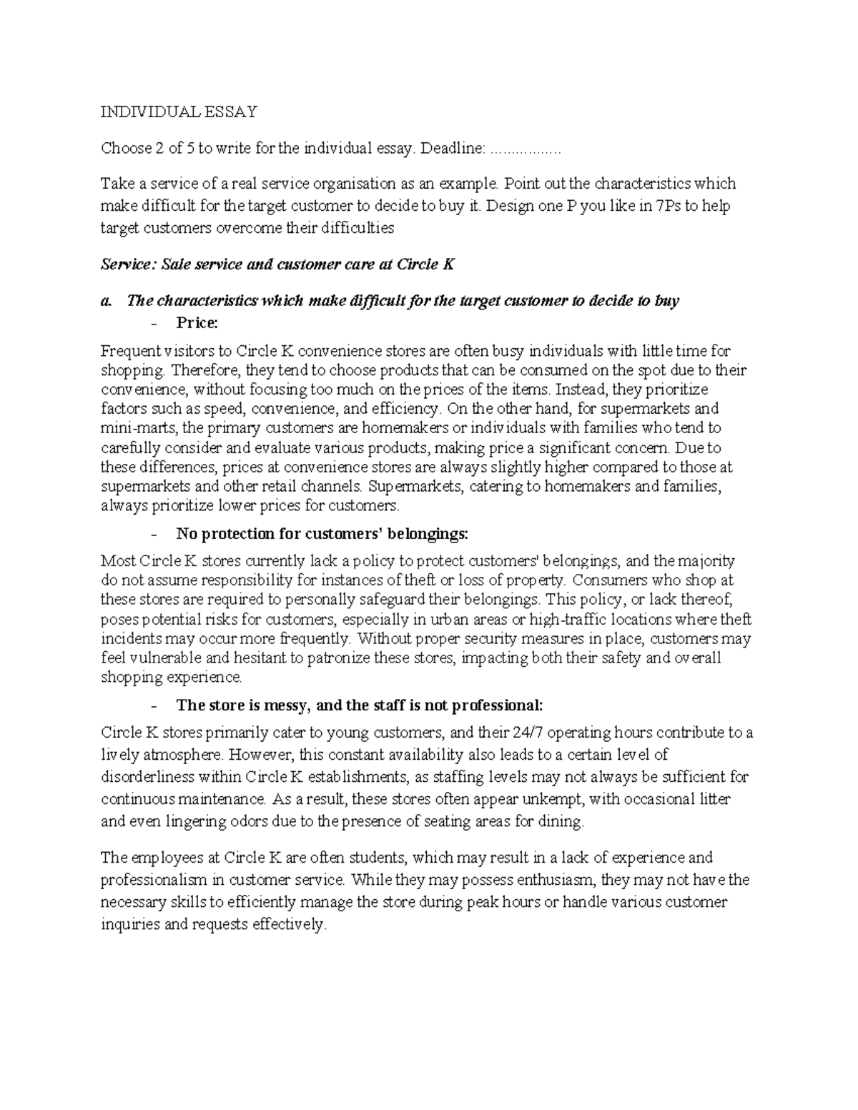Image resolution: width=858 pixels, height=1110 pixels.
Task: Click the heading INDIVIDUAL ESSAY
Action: click(178, 112)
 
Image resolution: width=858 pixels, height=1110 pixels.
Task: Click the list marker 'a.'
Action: click(107, 301)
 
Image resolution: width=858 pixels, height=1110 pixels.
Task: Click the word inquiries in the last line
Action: click(129, 924)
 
